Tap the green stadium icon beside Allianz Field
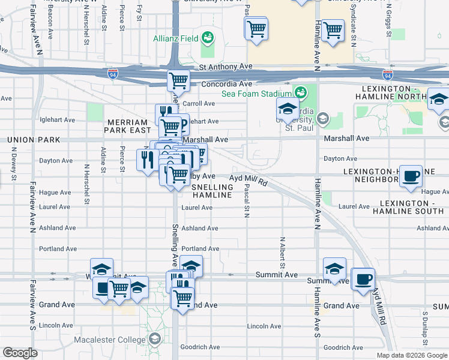point(208,38)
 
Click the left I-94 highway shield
point(113,74)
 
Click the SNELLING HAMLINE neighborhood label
point(211,191)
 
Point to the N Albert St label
point(282,253)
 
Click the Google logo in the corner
point(20,353)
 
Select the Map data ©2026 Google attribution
point(411,355)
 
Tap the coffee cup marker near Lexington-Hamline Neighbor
point(411,176)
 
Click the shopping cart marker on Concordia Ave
point(178,80)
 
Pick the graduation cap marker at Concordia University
point(288,109)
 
